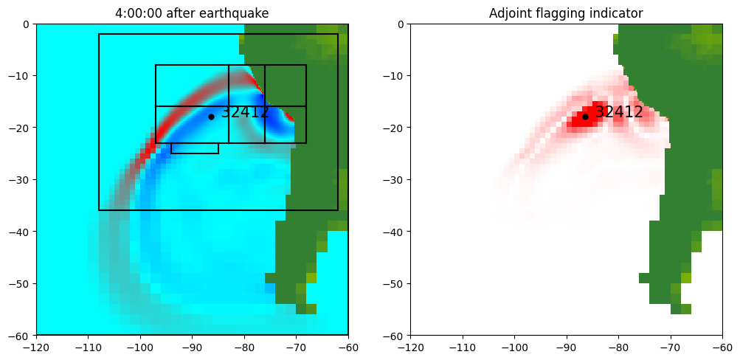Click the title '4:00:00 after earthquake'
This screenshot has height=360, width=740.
coord(192,13)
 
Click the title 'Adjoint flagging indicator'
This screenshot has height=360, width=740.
coord(566,13)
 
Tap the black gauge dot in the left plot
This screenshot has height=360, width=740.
coord(211,117)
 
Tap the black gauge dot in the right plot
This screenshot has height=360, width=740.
coord(585,117)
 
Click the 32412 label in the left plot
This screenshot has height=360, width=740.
coord(245,112)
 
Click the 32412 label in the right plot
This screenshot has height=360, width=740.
coord(619,112)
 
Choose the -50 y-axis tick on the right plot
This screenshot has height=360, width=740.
coord(395,283)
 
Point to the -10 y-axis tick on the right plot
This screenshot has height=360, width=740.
coord(395,75)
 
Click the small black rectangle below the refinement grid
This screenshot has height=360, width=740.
coord(195,148)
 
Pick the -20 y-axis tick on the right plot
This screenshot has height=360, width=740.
coord(395,128)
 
